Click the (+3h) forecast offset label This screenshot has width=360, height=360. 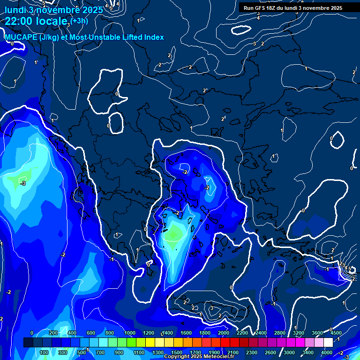[79, 20]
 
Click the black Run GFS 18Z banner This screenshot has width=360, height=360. [292, 8]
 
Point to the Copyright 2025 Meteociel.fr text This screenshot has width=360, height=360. [199, 357]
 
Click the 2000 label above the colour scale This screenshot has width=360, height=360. [224, 333]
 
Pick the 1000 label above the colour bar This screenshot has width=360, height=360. [130, 333]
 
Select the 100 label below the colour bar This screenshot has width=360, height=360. [45, 352]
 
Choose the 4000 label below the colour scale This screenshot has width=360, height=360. [327, 352]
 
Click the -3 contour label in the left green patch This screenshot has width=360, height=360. [22, 183]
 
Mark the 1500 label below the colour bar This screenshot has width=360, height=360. [177, 352]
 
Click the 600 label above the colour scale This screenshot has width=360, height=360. [91, 333]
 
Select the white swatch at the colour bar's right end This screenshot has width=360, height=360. [329, 343]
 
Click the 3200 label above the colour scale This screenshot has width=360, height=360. [299, 333]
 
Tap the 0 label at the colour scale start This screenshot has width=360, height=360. [32, 333]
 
